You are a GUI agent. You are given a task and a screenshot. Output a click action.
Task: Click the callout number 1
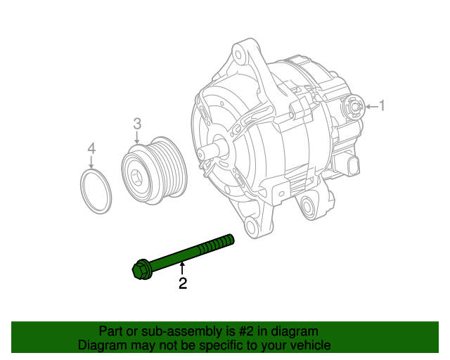coord(382,106)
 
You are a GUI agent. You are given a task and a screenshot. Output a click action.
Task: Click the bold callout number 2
coord(183,283)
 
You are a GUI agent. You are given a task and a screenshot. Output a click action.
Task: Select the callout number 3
coord(137,124)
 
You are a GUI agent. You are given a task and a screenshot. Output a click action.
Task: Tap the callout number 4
coord(91,148)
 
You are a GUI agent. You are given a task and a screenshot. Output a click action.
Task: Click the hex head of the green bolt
coord(140,269)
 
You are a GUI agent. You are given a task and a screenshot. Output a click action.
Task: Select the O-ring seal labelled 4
coord(95,191)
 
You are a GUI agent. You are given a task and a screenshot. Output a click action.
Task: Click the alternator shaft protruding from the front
coord(209,152)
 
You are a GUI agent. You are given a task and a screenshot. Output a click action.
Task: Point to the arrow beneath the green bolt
coord(183,268)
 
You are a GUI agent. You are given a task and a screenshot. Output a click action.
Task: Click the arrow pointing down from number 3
coord(137,139)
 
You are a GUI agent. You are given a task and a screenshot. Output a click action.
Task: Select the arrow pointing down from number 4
coord(91,162)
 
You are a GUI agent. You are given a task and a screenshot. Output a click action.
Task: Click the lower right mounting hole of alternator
coord(307,205)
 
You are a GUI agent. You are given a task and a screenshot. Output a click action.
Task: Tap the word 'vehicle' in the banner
coord(310,345)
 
